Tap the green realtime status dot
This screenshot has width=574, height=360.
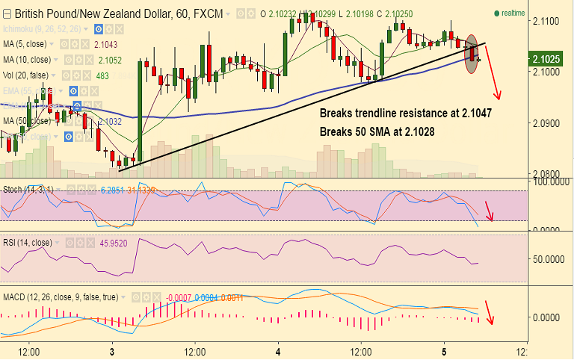(x=497, y=13)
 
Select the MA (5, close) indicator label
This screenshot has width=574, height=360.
(x=28, y=45)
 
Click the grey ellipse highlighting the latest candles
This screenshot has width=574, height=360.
(x=472, y=54)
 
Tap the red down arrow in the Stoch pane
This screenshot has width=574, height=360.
(x=489, y=211)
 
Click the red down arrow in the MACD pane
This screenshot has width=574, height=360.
(x=490, y=312)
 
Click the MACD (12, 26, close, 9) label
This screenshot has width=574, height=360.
(x=60, y=297)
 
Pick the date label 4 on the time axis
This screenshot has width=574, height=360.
(x=278, y=350)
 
